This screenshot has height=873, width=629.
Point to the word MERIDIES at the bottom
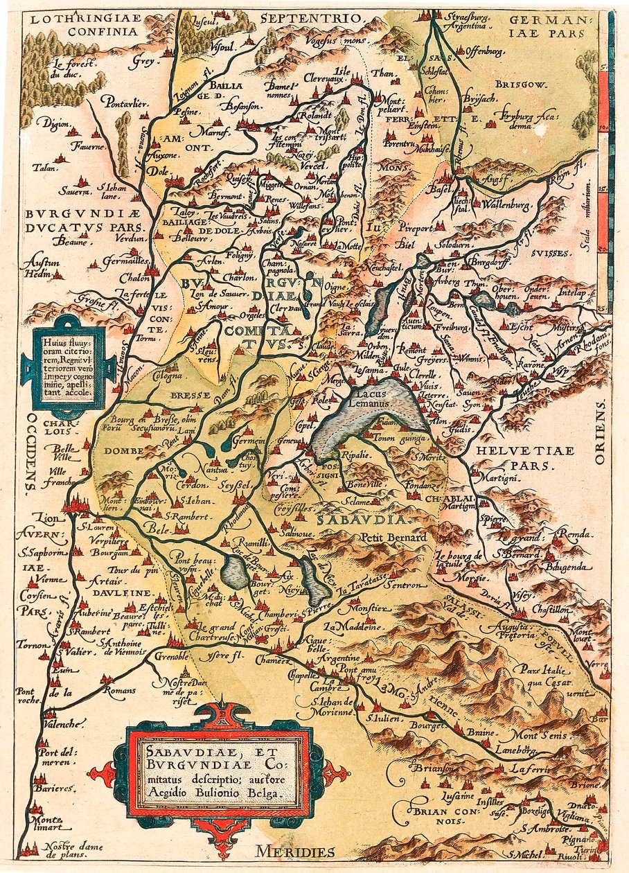(x=294, y=852)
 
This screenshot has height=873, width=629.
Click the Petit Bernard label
(x=385, y=538)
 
